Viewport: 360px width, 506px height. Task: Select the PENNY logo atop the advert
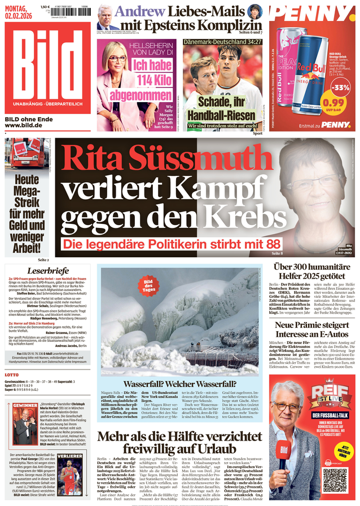pyautogui.click(x=312, y=14)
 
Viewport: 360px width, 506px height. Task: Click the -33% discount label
pyautogui.click(x=340, y=87)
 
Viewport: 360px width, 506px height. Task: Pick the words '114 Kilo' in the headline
pyautogui.click(x=137, y=80)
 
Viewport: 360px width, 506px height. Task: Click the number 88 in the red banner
pyautogui.click(x=273, y=245)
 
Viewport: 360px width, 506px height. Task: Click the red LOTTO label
pyautogui.click(x=12, y=375)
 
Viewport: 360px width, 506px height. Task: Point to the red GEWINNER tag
pyautogui.click(x=25, y=406)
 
